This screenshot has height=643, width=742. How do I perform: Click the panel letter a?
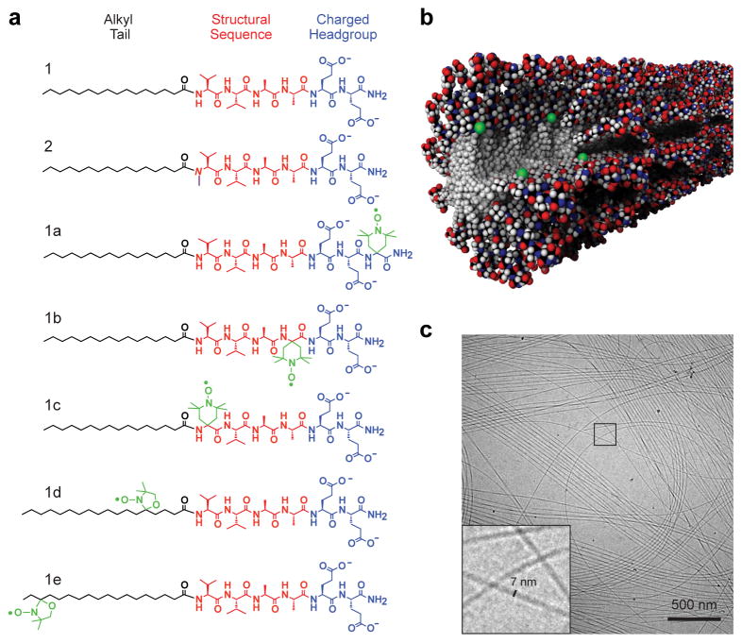pyautogui.click(x=14, y=18)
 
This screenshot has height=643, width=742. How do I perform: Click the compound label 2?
pyautogui.click(x=56, y=146)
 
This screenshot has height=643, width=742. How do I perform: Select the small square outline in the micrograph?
pyautogui.click(x=604, y=434)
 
